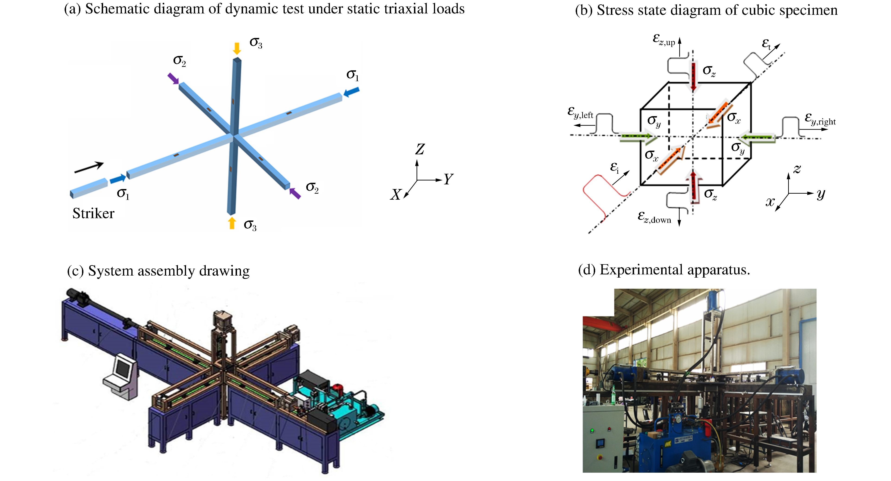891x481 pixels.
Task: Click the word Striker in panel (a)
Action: pyautogui.click(x=93, y=214)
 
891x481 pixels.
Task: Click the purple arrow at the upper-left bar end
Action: pyautogui.click(x=173, y=78)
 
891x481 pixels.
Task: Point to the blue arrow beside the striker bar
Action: pyautogui.click(x=118, y=179)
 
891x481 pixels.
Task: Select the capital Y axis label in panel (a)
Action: pyautogui.click(x=448, y=179)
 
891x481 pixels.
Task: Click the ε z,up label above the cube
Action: pyautogui.click(x=664, y=40)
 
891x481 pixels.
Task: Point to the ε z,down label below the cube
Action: pyautogui.click(x=654, y=217)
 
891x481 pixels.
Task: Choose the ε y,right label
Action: pyautogui.click(x=820, y=119)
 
